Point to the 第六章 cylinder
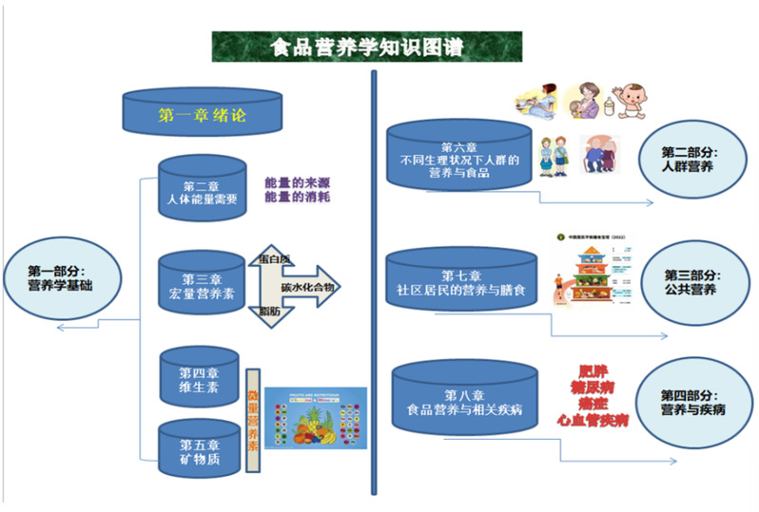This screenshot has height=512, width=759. point(458,155)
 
